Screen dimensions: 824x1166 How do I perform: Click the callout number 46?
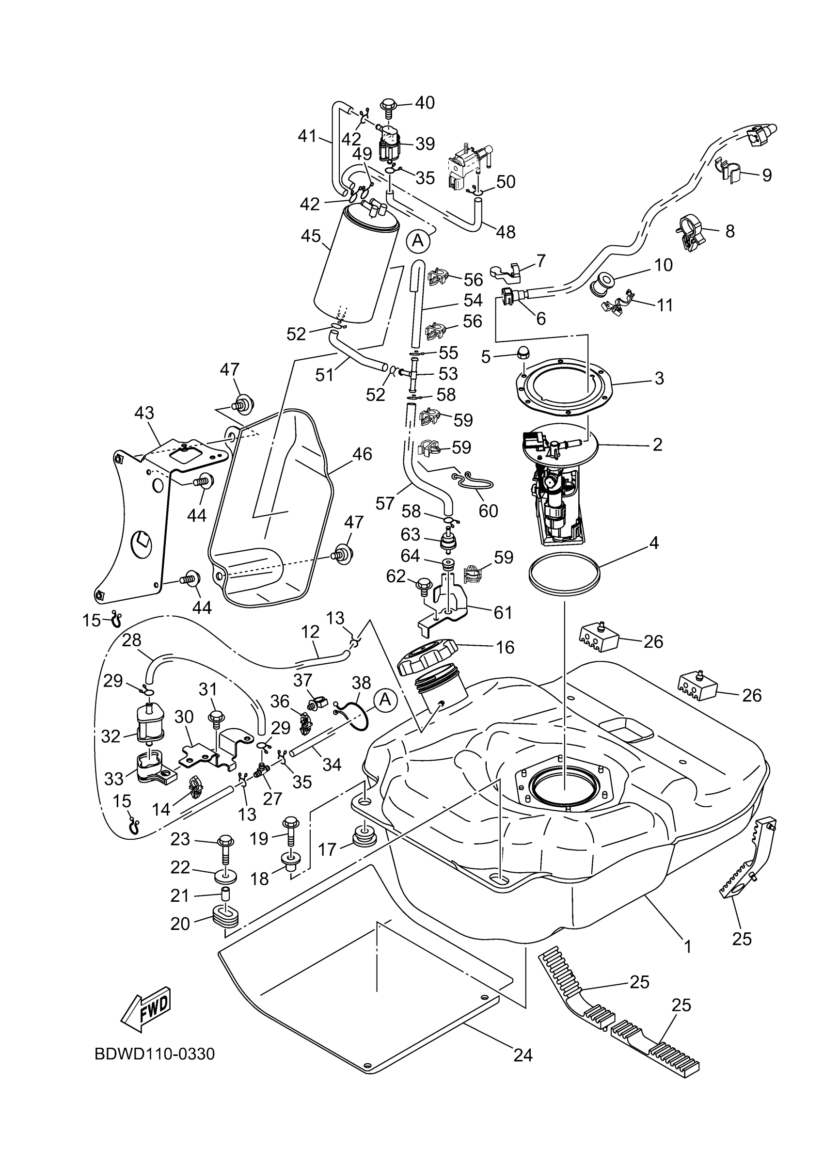coord(362,454)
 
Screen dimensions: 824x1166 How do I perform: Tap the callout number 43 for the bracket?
coord(144,414)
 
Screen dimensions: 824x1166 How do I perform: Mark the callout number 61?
coord(503,613)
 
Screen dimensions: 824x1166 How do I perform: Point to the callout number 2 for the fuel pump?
coord(657,445)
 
